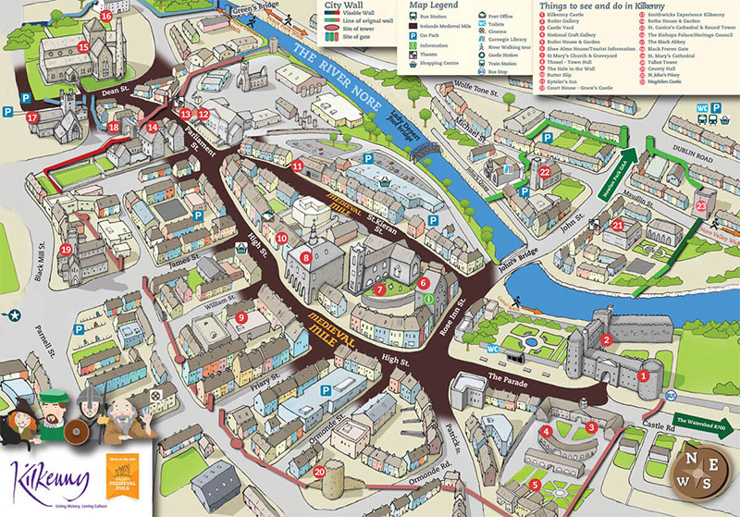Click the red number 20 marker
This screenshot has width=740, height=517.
(x=319, y=472)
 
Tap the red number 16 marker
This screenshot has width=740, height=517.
(x=106, y=16)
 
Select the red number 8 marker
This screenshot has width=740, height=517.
(x=305, y=258)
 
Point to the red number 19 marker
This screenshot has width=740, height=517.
(x=66, y=250)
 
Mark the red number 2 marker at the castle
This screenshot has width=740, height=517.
(x=606, y=340)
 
